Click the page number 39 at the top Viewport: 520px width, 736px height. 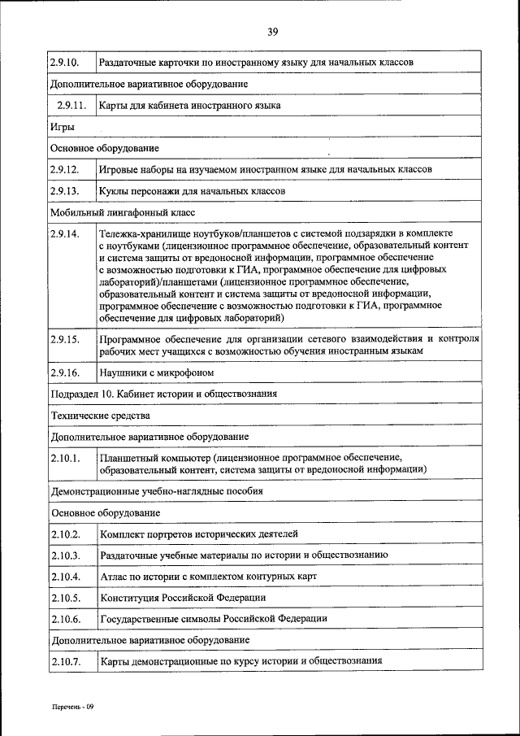pos(272,32)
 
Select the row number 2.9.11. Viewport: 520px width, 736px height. pos(71,106)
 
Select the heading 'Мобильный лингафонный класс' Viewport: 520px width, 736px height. pos(123,212)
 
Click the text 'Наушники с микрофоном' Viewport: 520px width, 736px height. pos(156,372)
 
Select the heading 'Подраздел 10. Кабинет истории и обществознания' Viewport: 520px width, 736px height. pos(164,394)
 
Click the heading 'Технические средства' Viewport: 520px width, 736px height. pos(100,415)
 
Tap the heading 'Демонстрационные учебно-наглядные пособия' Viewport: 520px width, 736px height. pos(157,492)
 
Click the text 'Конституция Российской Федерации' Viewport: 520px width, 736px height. pos(183,598)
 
